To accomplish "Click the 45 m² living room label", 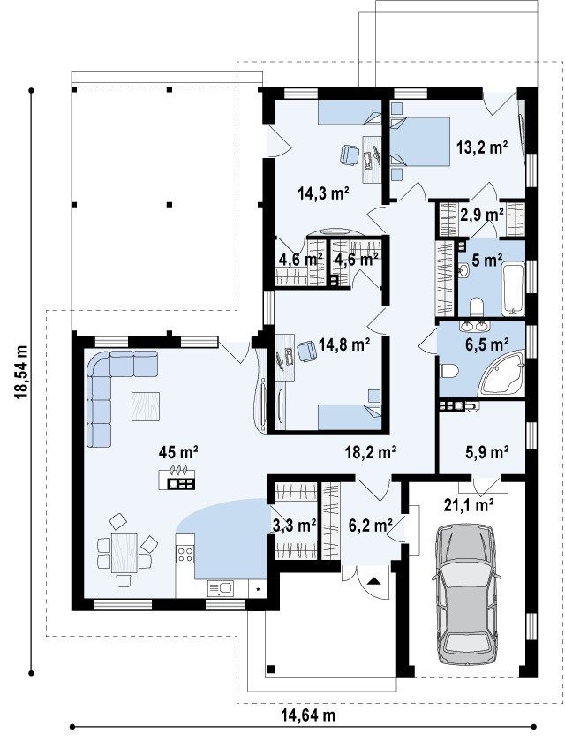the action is coord(178,452).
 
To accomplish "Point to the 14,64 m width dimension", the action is coord(308,715).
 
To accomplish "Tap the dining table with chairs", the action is coord(124,553).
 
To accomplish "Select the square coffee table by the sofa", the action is coord(145,406).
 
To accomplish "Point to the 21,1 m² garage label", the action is coord(469,505).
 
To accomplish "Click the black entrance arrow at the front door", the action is coord(374,581).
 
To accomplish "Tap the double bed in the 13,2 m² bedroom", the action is coord(420,142).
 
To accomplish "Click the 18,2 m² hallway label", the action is coord(370,452).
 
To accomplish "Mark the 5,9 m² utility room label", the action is coord(486,451).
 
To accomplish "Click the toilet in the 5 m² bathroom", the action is coord(476,306).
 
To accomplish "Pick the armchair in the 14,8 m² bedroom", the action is coord(306,352).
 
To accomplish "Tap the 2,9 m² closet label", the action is coord(482,215).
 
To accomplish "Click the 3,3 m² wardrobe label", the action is coord(294,524).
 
